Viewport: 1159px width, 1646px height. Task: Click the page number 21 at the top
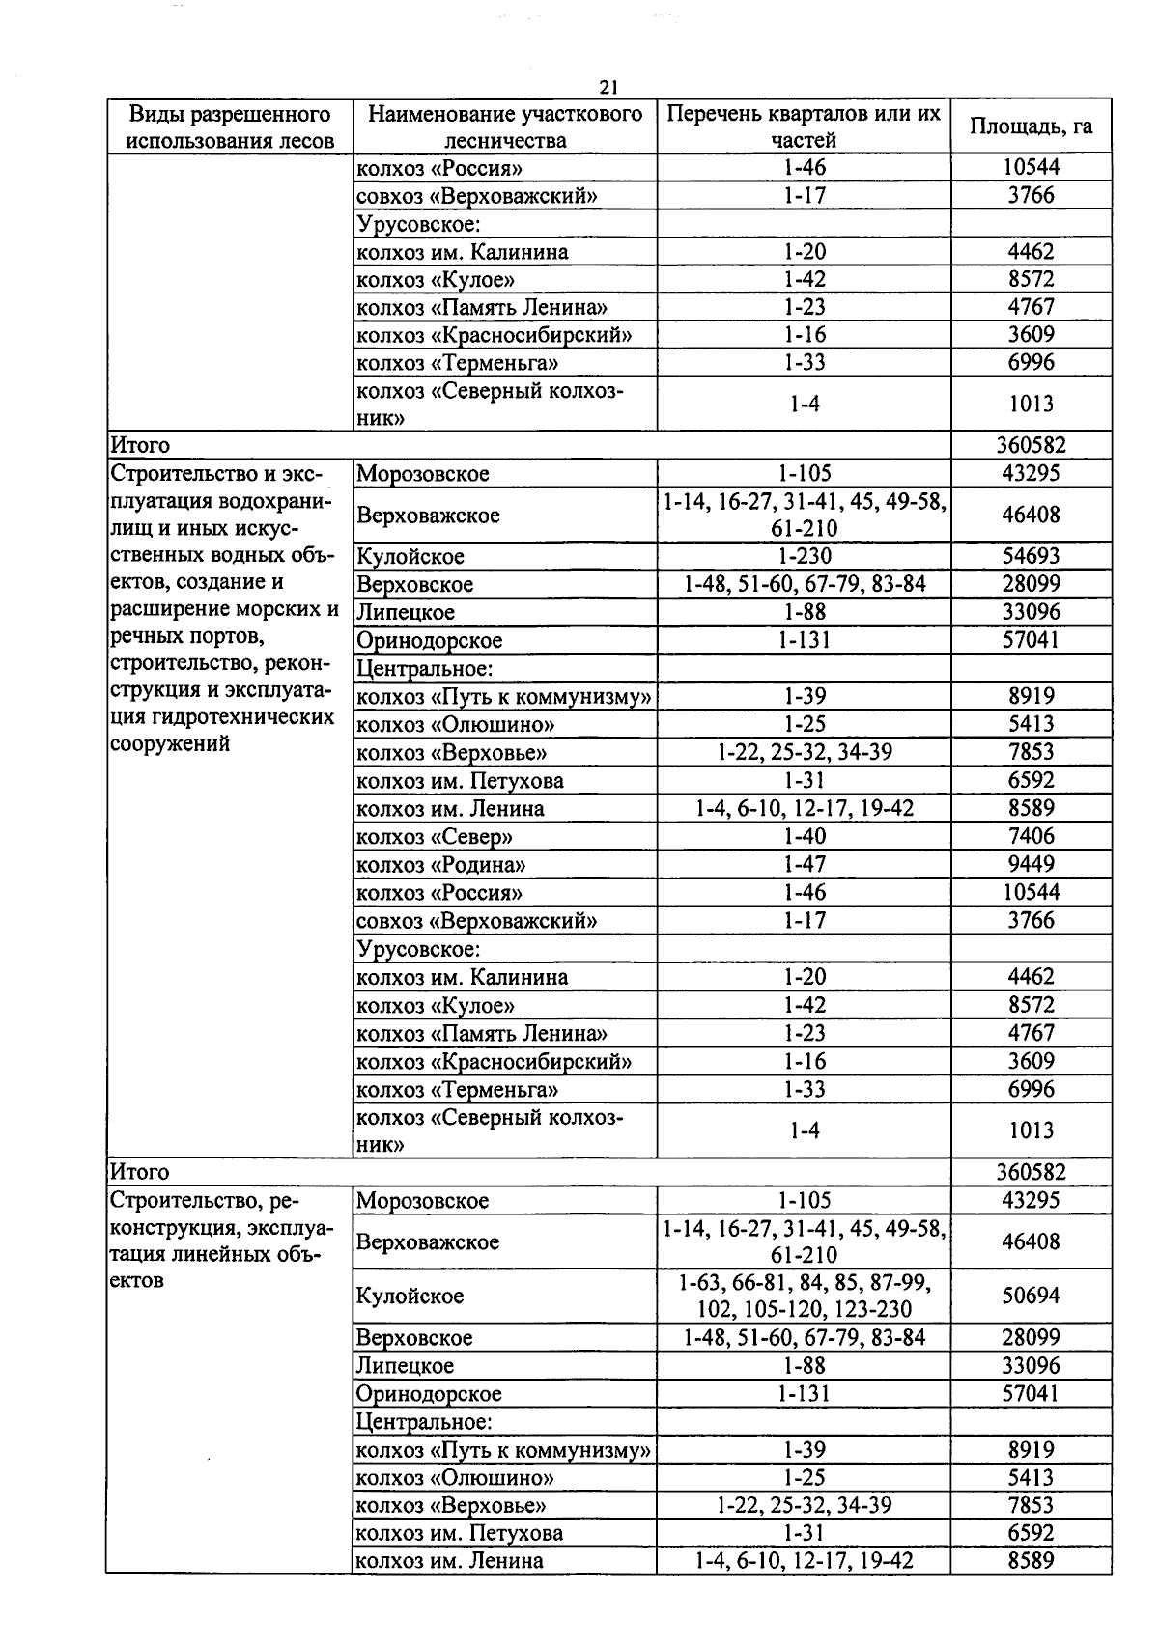pos(608,87)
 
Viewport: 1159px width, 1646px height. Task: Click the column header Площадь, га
pos(1031,126)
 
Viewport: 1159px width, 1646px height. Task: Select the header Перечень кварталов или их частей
pos(804,126)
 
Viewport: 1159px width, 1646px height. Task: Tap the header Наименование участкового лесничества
pos(505,126)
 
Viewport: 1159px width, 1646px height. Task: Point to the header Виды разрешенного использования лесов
pos(230,126)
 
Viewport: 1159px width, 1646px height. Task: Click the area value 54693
pos(1031,556)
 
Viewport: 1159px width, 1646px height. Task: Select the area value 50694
pos(1031,1296)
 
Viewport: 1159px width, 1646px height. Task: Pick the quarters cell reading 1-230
pos(804,556)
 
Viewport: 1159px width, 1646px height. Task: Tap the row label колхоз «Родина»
pos(441,864)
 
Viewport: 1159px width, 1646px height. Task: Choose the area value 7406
pos(1031,836)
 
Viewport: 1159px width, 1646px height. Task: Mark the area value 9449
pos(1031,864)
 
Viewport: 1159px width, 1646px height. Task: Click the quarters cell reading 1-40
pos(804,836)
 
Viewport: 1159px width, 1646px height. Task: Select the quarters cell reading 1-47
pos(804,864)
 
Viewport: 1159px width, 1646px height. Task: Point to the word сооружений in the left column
pos(170,744)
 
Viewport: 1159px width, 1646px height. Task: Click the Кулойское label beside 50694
pos(410,1296)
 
